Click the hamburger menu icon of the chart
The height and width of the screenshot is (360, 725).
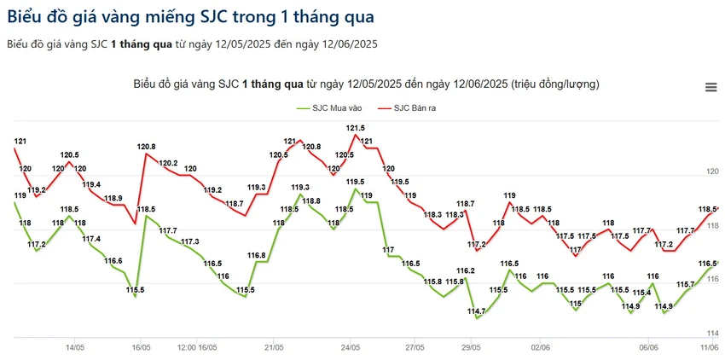click(710, 87)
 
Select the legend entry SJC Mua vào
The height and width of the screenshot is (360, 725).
click(328, 108)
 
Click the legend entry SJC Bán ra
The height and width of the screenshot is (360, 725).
click(407, 108)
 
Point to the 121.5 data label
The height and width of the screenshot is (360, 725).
click(356, 128)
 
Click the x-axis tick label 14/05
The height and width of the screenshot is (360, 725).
click(74, 347)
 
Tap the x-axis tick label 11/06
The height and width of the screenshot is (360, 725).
click(710, 347)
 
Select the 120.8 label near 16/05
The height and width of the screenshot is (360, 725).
click(146, 147)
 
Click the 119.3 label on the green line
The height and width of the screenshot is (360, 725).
click(300, 188)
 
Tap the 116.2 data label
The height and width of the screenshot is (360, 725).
click(465, 270)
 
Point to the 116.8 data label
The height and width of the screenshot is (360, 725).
click(257, 255)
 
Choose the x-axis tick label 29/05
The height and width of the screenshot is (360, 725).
click(471, 347)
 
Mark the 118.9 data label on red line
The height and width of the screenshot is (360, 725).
click(113, 199)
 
